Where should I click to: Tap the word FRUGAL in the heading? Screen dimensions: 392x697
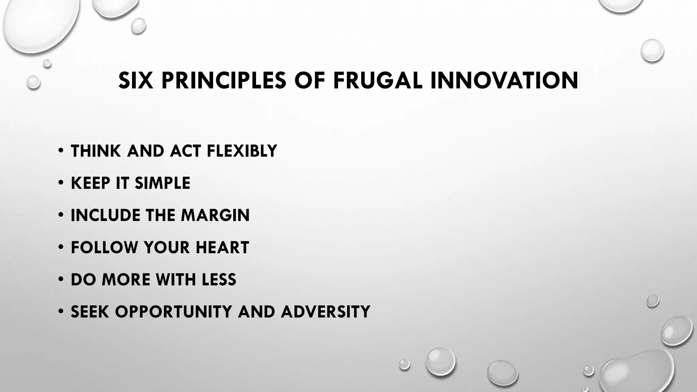[x=377, y=81]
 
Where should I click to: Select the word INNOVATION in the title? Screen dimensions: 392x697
[x=504, y=81]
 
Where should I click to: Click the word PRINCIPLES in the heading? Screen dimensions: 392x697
[x=224, y=81]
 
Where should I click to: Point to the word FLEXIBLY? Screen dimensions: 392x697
[x=242, y=151]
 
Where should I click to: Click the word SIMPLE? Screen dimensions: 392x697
[x=162, y=183]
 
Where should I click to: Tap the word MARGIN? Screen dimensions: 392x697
[x=215, y=215]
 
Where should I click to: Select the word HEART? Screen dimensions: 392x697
[x=222, y=248]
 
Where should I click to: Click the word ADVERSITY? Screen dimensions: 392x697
[x=325, y=312]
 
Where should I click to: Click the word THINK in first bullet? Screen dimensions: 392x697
[x=96, y=151]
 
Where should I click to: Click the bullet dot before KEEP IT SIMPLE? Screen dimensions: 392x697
[x=61, y=183]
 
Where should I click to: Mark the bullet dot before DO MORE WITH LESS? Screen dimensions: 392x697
[x=61, y=279]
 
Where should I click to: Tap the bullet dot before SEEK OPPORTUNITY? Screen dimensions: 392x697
[x=61, y=311]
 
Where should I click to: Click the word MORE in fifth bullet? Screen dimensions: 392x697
[x=126, y=280]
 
